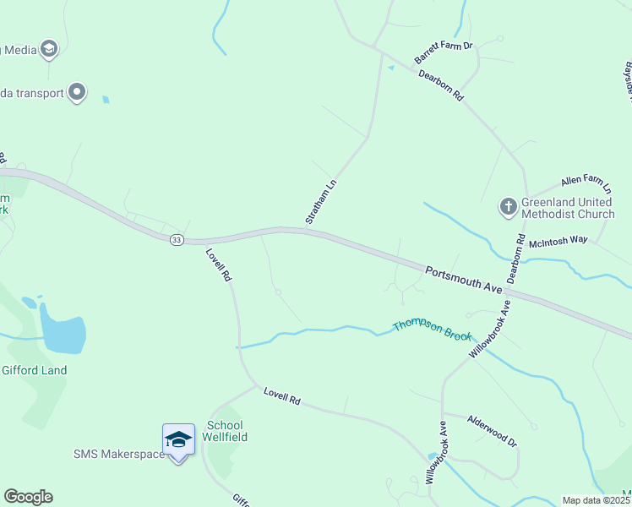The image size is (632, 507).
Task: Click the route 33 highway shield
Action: coord(176,240)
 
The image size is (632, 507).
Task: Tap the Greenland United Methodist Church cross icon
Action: coord(508,205)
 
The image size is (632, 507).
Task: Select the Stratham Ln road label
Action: coord(321,202)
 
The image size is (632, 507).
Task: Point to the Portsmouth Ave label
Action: coord(464,280)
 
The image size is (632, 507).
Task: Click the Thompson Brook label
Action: coord(432,330)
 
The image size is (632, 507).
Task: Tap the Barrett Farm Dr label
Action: coord(444,52)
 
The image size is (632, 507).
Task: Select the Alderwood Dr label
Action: coord(492,428)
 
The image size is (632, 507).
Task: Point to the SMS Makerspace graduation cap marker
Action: coord(177,439)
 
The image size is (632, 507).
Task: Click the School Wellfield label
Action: coord(226,431)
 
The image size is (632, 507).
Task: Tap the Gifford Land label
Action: coord(34,370)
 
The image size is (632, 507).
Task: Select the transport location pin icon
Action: coord(77,92)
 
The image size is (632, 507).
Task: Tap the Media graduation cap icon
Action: coord(49,50)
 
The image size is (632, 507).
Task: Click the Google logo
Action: coord(28,497)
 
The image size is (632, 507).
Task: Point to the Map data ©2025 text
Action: coord(597,500)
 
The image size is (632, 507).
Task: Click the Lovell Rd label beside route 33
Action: coord(218,264)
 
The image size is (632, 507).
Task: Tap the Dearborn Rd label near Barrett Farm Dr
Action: coord(442,84)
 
